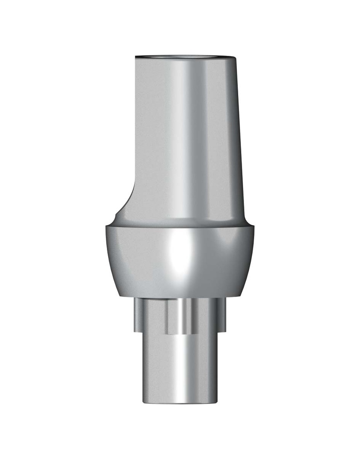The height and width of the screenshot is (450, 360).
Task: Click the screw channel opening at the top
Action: pos(185,56)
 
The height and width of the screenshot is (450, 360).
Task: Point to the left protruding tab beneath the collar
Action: pos(138,314)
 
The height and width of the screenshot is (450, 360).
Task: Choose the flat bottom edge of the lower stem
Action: pos(180,403)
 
